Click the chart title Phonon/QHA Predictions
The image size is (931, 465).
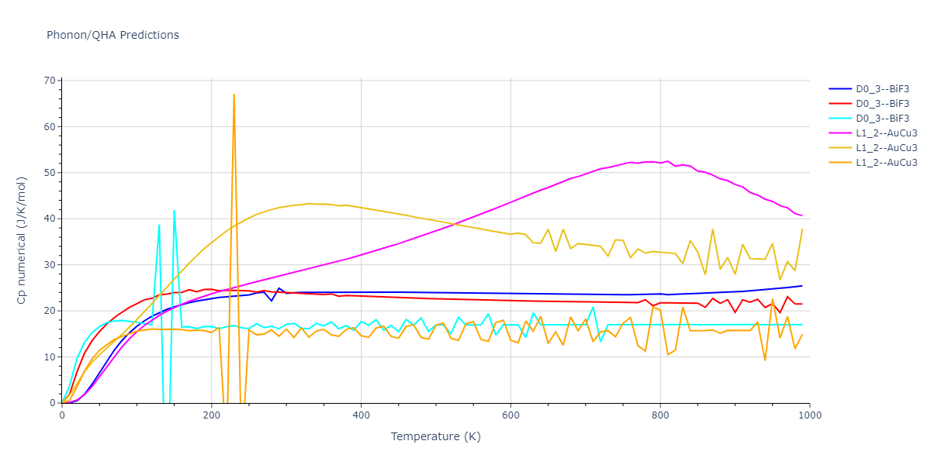[112, 35]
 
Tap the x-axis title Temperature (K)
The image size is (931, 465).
[436, 436]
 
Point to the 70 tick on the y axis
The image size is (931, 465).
[50, 81]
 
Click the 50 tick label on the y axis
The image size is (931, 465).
[50, 173]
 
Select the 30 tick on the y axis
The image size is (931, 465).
[50, 265]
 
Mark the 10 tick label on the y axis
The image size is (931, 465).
[50, 357]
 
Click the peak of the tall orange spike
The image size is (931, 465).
[234, 95]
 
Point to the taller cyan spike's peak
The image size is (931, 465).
[174, 211]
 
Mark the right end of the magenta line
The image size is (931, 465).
[802, 215]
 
